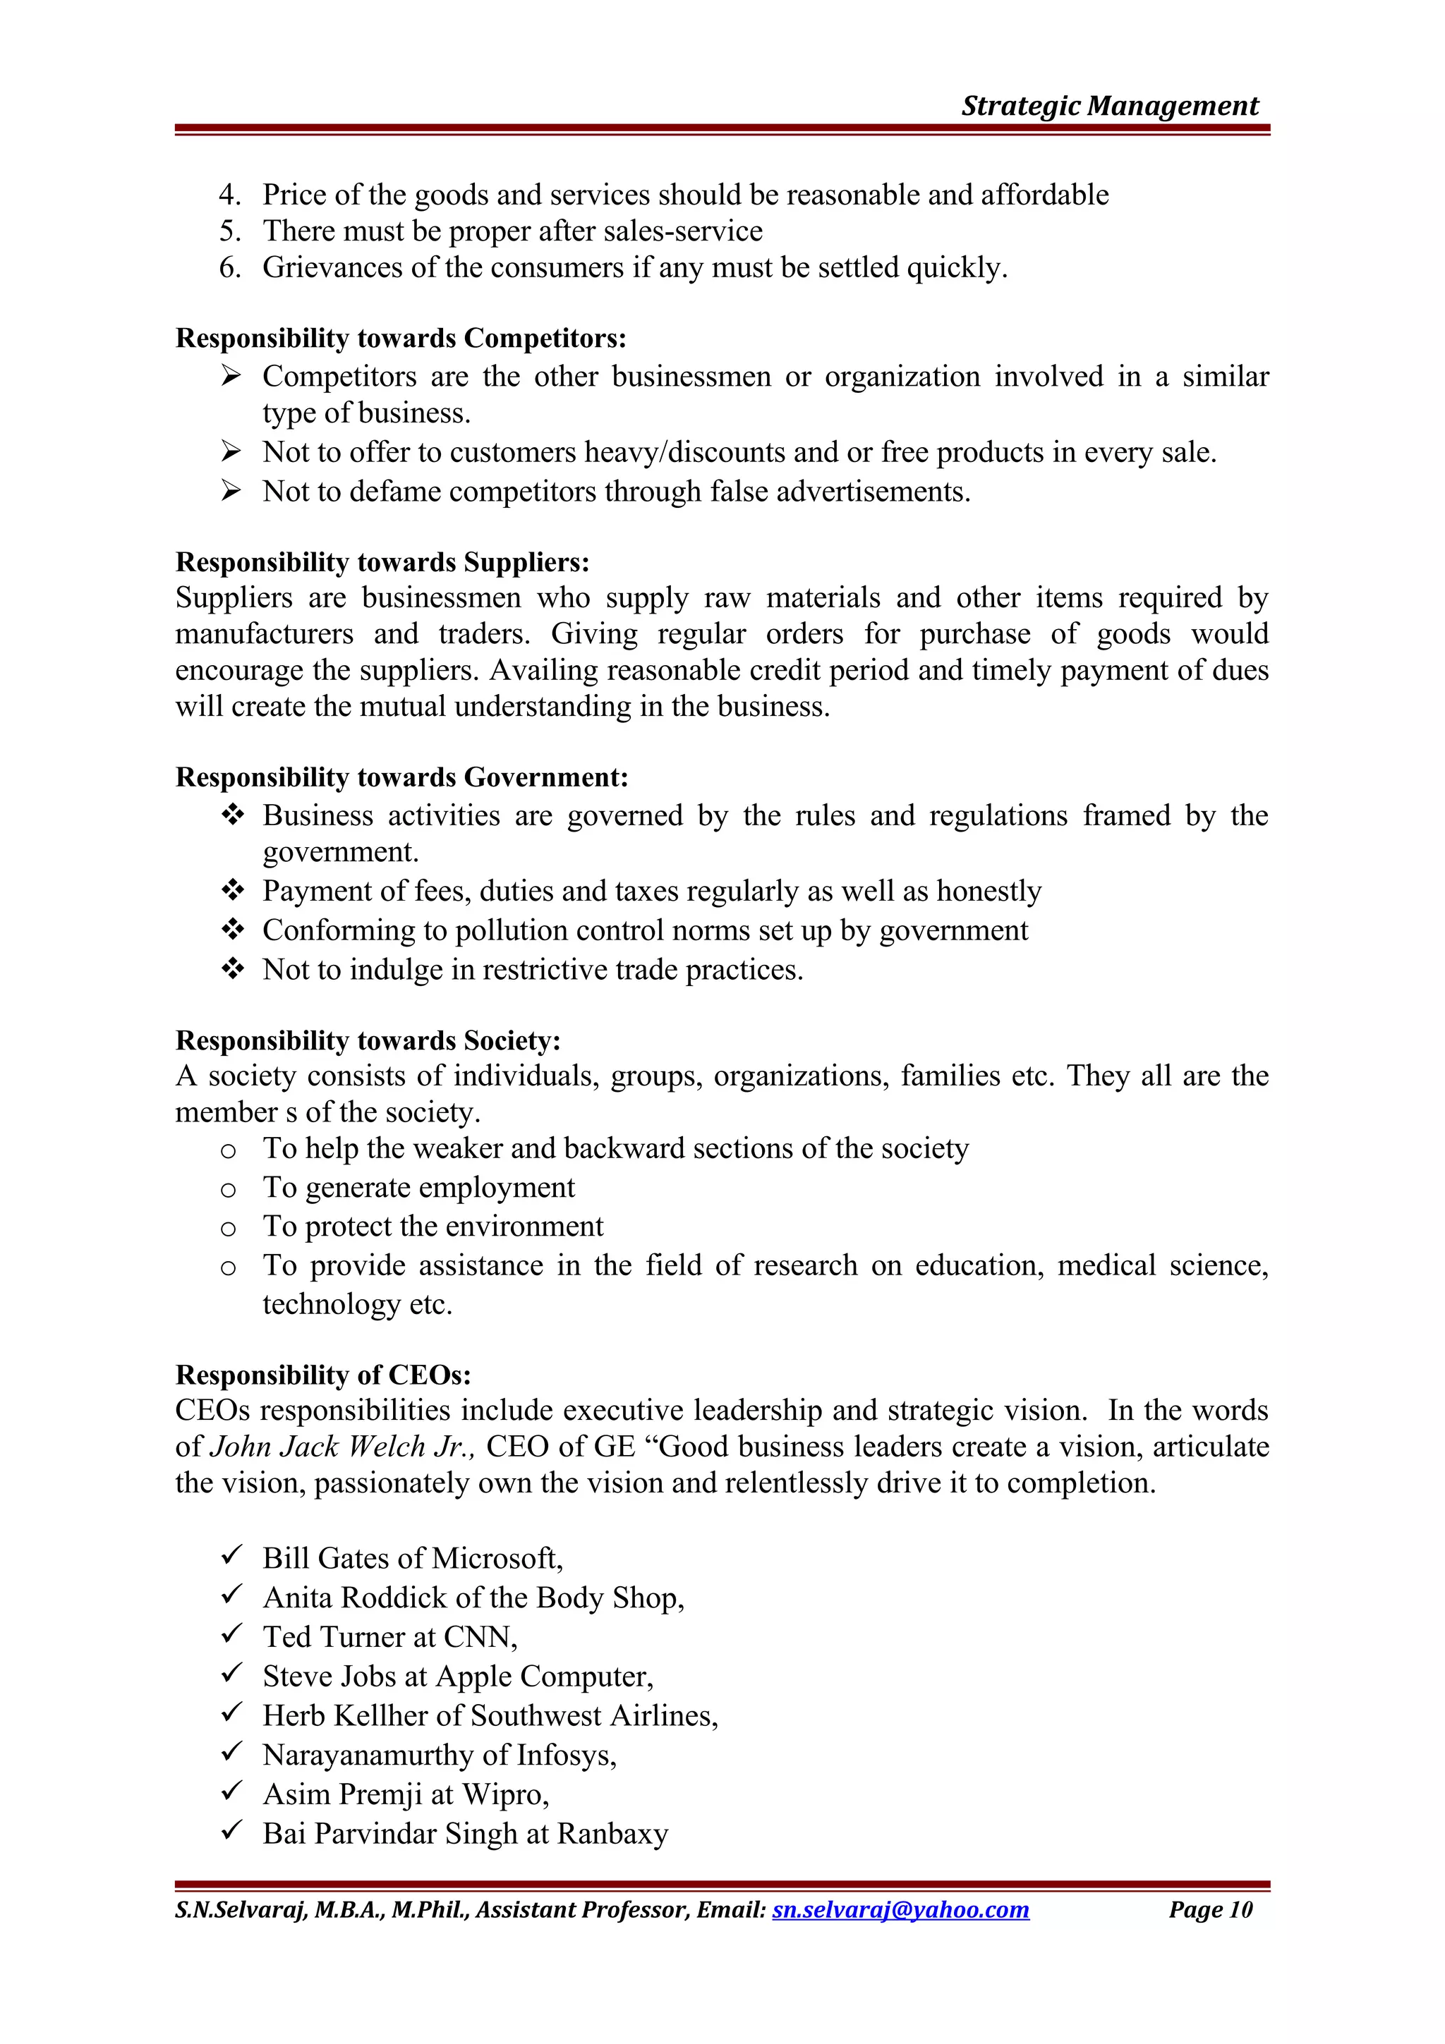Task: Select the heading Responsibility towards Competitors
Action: [401, 339]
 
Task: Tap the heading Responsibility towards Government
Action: [401, 777]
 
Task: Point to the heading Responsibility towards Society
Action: [368, 1041]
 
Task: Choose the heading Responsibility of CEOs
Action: [323, 1375]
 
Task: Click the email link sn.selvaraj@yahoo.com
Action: [900, 1909]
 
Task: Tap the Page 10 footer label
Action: [1210, 1909]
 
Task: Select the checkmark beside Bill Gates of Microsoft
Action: [231, 1556]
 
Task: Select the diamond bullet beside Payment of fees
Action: [232, 890]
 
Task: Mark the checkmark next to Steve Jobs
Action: [231, 1674]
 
